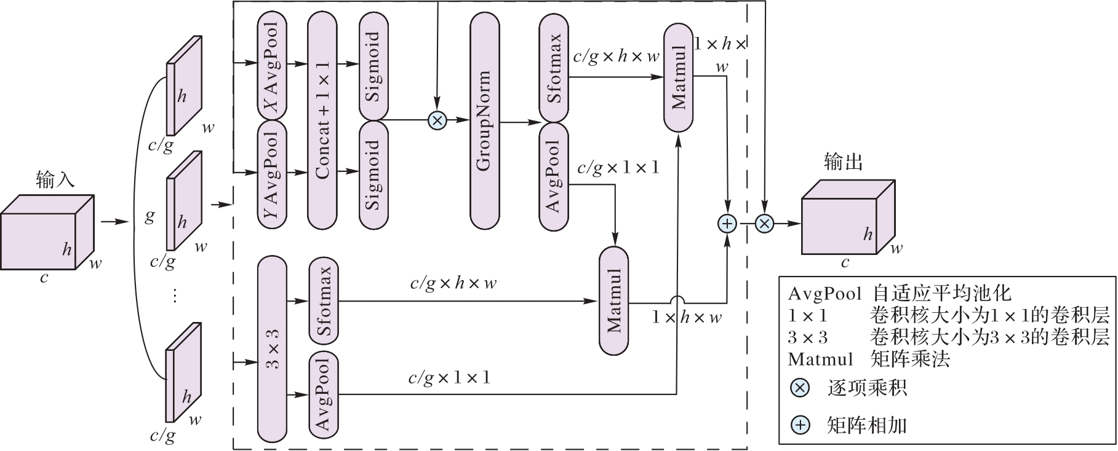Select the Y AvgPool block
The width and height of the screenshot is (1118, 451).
271,174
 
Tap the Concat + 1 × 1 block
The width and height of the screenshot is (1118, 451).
322,119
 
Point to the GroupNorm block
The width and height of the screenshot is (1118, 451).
484,120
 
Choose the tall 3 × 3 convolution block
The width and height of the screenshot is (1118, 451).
272,348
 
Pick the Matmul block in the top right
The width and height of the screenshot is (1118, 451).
679,77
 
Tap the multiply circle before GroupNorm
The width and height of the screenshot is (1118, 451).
437,120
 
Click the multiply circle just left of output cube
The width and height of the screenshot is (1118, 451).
764,224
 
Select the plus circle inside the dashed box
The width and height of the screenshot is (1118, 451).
728,224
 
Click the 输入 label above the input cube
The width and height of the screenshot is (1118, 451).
55,180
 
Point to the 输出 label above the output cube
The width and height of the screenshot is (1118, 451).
843,162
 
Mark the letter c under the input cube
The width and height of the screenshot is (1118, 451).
44,278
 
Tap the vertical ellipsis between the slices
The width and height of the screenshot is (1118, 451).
175,296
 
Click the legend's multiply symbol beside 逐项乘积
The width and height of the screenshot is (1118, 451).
800,388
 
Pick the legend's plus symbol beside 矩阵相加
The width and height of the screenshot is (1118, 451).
800,425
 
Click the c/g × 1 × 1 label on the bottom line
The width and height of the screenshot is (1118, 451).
449,378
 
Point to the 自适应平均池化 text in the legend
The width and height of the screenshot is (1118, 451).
941,293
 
